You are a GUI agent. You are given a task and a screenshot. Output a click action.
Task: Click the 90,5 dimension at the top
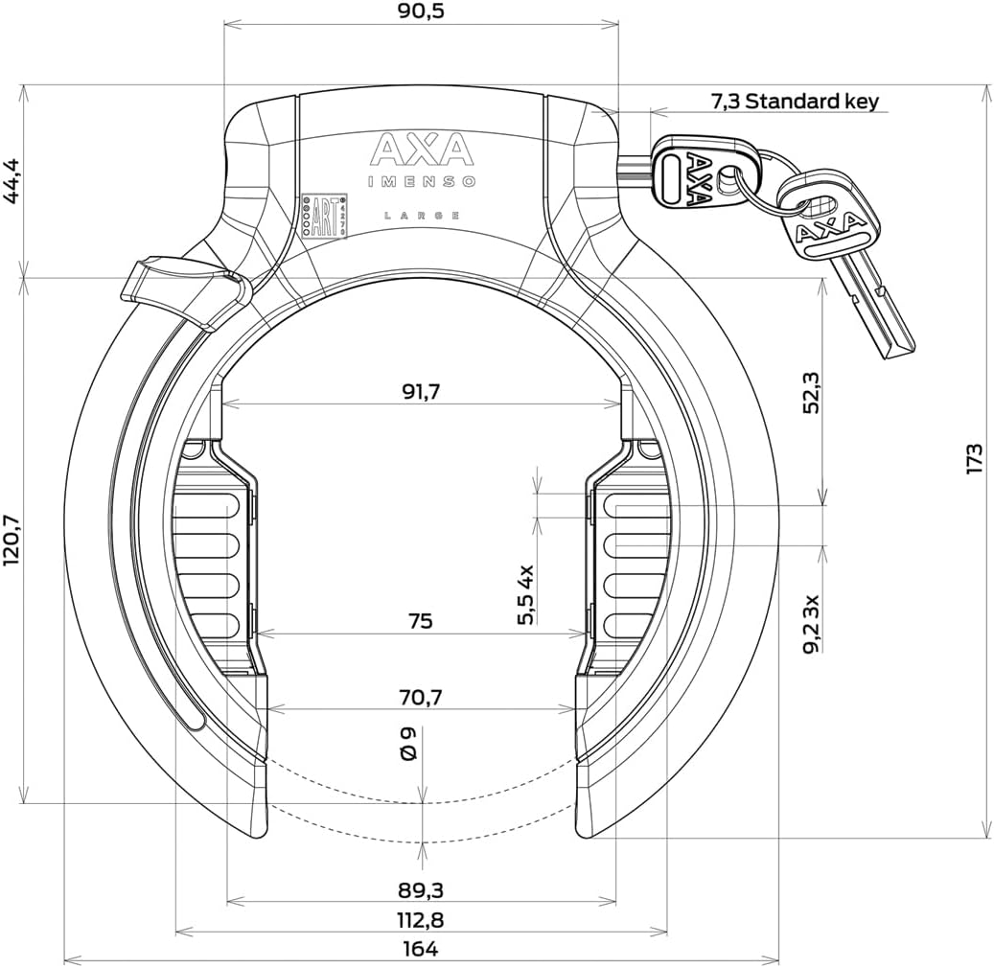[x=420, y=12]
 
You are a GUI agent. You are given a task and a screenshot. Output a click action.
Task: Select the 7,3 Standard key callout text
[x=794, y=101]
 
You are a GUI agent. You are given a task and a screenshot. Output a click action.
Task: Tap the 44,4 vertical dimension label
[x=13, y=181]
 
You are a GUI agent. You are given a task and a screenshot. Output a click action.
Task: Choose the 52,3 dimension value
[x=810, y=392]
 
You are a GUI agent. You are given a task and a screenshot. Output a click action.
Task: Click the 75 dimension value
[x=420, y=621]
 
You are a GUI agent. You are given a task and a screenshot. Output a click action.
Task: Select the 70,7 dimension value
[x=420, y=697]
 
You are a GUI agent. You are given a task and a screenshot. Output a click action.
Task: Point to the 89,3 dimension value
[x=420, y=890]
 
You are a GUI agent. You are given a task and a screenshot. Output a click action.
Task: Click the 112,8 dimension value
[x=420, y=920]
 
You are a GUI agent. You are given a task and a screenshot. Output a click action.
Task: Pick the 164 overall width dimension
[x=420, y=949]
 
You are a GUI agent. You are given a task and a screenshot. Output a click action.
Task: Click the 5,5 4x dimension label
[x=525, y=594]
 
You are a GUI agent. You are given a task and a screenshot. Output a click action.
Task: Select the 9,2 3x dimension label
[x=810, y=623]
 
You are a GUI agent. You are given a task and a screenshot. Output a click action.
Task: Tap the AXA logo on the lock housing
[x=422, y=151]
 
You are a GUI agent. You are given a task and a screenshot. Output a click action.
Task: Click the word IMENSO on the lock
[x=422, y=182]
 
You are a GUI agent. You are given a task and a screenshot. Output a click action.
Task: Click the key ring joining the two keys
[x=757, y=192]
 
